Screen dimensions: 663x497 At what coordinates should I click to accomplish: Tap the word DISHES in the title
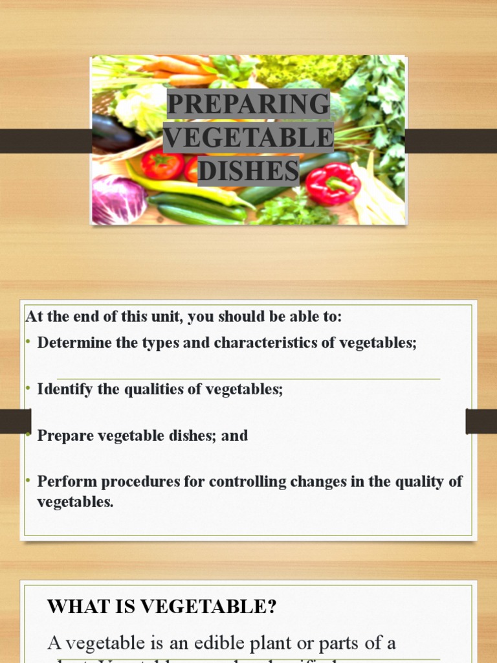(248, 172)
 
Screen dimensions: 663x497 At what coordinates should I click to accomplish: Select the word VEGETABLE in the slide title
(248, 138)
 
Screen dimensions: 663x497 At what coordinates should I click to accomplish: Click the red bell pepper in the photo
(333, 182)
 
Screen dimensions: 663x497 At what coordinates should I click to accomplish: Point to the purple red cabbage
(117, 199)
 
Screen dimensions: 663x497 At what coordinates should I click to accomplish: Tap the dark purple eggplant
(113, 133)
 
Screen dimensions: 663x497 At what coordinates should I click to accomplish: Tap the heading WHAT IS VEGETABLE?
(162, 607)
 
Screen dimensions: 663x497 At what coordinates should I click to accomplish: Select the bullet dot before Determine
(28, 343)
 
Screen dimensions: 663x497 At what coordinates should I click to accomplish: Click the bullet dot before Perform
(28, 481)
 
